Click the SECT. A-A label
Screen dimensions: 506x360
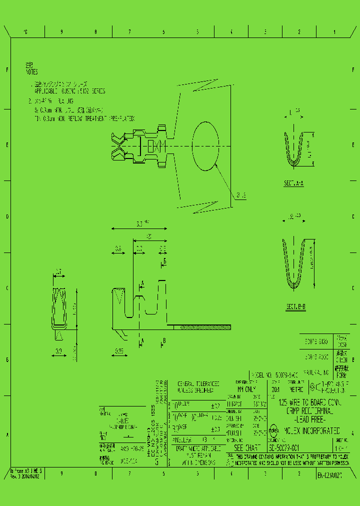point(294,183)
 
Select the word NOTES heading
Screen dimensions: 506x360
point(31,72)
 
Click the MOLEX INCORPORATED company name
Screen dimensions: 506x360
point(312,430)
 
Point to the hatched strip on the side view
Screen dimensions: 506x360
point(198,327)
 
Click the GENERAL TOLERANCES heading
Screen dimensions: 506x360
point(196,383)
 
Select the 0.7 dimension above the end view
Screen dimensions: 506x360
point(58,272)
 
